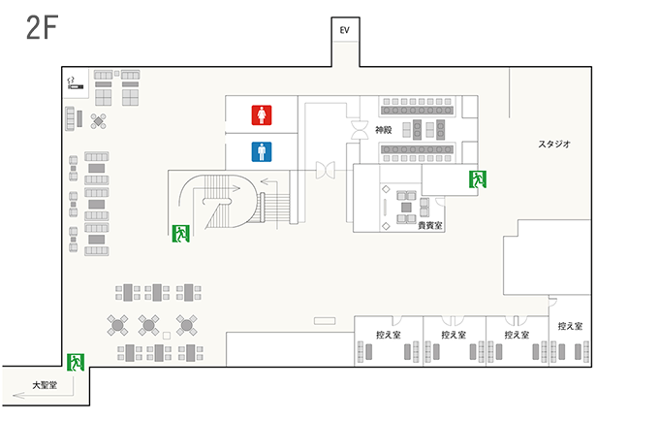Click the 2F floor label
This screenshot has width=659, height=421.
(x=42, y=28)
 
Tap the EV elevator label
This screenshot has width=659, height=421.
(x=345, y=30)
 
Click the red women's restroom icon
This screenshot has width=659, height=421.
(x=262, y=114)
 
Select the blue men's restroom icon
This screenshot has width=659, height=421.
(x=262, y=152)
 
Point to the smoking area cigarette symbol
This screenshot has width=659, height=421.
(x=76, y=83)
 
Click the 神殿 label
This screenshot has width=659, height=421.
(x=384, y=130)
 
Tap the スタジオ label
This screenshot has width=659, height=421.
(x=554, y=144)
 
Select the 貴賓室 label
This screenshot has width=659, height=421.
(x=430, y=226)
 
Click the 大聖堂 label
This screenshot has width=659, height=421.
(x=45, y=385)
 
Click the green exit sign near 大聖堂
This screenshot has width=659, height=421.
(x=76, y=363)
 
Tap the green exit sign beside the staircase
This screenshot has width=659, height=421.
(x=180, y=234)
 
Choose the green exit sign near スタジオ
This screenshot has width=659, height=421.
(x=478, y=179)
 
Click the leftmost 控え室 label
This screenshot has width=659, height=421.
(x=389, y=335)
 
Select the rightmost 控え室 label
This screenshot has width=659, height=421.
(x=570, y=326)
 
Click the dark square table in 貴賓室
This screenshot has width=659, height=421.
(x=406, y=207)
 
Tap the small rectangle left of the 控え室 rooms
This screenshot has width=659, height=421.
(x=325, y=321)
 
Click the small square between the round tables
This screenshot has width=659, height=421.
(x=167, y=336)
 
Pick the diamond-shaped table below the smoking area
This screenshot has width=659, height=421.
(x=98, y=121)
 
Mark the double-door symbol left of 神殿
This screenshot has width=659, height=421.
(x=360, y=130)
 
